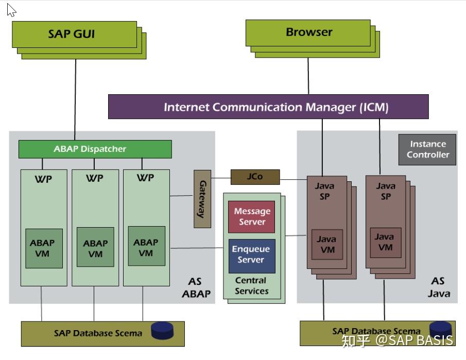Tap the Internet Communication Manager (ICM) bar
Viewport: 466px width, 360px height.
pyautogui.click(x=268, y=107)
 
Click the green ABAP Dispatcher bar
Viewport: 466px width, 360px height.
pyautogui.click(x=95, y=149)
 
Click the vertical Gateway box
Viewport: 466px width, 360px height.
pyautogui.click(x=202, y=199)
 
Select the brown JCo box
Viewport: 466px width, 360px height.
pyautogui.click(x=255, y=177)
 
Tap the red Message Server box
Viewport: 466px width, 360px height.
pyautogui.click(x=251, y=217)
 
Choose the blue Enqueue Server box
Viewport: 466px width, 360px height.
pyautogui.click(x=251, y=255)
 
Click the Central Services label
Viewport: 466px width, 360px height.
pyautogui.click(x=251, y=286)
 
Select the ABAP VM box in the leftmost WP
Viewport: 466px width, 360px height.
pyautogui.click(x=44, y=248)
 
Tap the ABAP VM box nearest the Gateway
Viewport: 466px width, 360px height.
pyautogui.click(x=146, y=247)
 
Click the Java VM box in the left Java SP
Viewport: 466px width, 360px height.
pyautogui.click(x=326, y=244)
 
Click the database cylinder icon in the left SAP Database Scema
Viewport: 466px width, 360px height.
pyautogui.click(x=162, y=330)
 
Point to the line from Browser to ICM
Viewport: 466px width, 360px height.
pyautogui.click(x=308, y=76)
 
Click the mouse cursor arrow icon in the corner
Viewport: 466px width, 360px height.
pyautogui.click(x=11, y=10)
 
